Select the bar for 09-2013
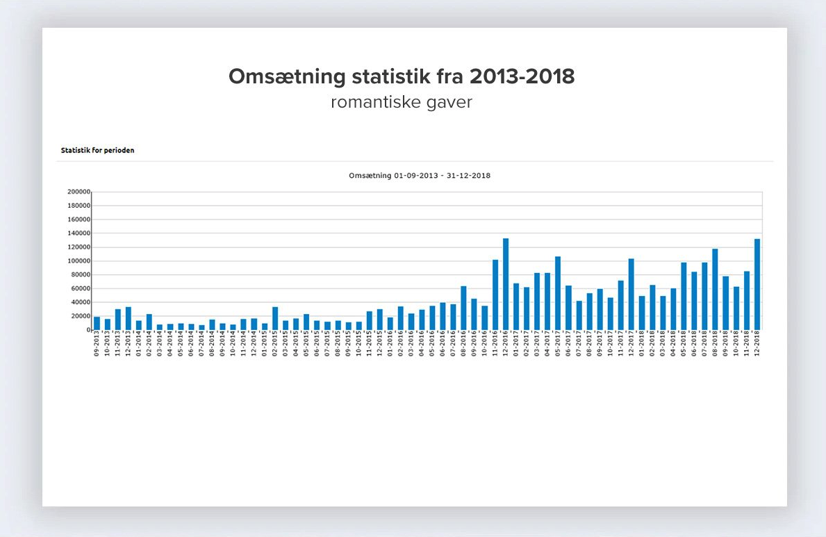[x=97, y=324]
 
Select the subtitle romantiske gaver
[x=402, y=102]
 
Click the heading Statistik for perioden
[x=97, y=150]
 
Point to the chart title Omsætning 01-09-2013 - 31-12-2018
[x=420, y=176]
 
